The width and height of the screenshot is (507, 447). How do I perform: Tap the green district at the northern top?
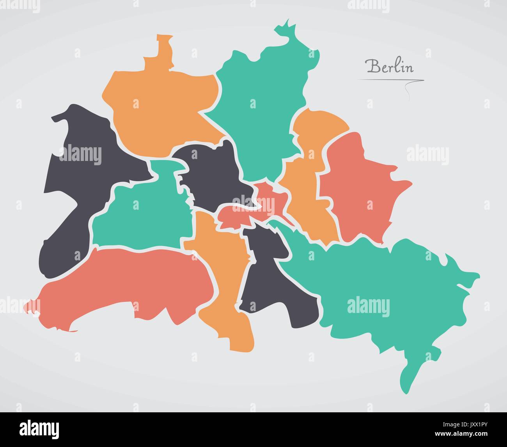pyautogui.click(x=257, y=105)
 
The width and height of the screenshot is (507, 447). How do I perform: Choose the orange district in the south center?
pyautogui.click(x=222, y=273)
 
